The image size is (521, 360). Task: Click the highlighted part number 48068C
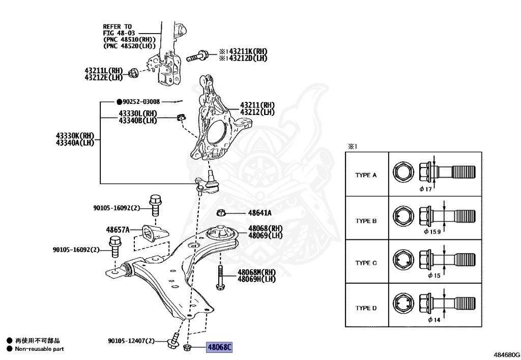pyautogui.click(x=219, y=348)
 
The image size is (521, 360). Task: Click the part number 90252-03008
pyautogui.click(x=141, y=102)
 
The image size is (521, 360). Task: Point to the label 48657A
pyautogui.click(x=118, y=230)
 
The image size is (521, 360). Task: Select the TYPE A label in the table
pyautogui.click(x=366, y=175)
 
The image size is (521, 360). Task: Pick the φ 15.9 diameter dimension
pyautogui.click(x=432, y=232)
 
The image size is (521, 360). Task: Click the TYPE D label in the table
pyautogui.click(x=366, y=308)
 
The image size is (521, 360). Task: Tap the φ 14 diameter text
pyautogui.click(x=433, y=320)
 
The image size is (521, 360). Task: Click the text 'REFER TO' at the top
pyautogui.click(x=117, y=26)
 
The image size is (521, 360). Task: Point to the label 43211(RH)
pyautogui.click(x=257, y=105)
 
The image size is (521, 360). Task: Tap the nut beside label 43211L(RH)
pyautogui.click(x=132, y=73)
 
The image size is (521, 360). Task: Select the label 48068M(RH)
pyautogui.click(x=256, y=272)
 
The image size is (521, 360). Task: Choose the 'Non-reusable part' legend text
pyautogui.click(x=39, y=349)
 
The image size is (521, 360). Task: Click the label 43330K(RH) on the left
pyautogui.click(x=75, y=136)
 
